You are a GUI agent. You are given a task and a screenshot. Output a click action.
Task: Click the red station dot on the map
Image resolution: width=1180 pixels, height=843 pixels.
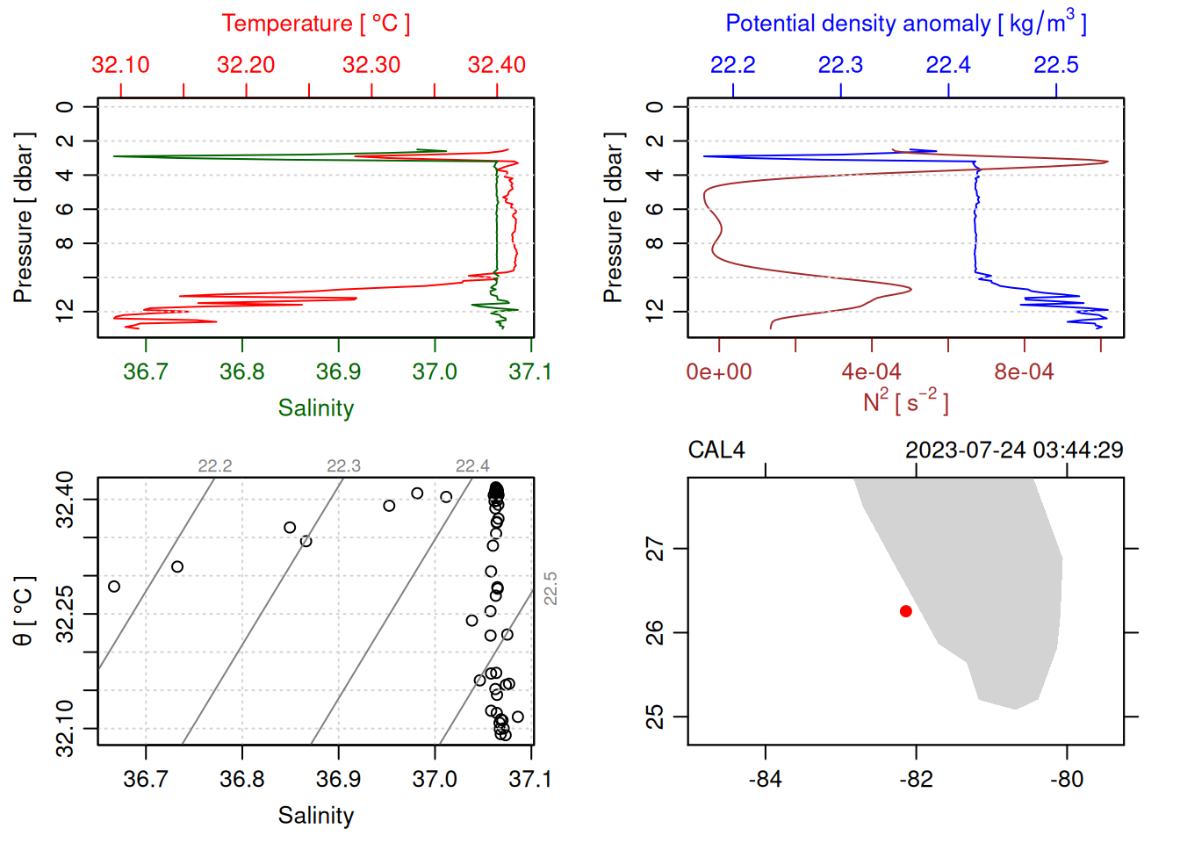click(x=905, y=611)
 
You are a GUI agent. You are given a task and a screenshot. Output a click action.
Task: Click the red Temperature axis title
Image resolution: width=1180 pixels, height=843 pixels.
click(x=315, y=24)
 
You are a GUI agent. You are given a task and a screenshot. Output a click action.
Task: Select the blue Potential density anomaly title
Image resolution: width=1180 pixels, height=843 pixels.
click(x=905, y=24)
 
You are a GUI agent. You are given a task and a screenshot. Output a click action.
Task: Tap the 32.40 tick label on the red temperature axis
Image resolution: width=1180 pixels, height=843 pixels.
click(x=496, y=65)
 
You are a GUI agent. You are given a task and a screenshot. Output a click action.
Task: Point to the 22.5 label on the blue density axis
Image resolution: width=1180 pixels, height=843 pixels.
click(x=1055, y=65)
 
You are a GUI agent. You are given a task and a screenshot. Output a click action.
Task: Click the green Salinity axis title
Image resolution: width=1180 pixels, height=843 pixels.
click(x=315, y=408)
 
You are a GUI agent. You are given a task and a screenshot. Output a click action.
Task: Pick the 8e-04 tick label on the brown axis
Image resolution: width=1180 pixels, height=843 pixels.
click(x=1024, y=372)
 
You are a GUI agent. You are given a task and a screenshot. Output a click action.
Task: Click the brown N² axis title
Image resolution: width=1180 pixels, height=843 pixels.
click(x=905, y=402)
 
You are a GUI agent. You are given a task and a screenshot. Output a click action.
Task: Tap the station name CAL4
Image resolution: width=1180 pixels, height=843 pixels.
click(x=716, y=450)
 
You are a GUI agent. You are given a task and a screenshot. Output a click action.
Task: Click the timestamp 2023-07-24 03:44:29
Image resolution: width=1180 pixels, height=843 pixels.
click(x=1014, y=450)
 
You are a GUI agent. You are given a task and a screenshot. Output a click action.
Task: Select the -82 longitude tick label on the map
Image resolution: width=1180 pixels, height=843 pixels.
click(x=916, y=779)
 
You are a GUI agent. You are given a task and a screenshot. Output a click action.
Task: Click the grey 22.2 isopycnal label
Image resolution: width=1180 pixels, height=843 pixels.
click(x=215, y=466)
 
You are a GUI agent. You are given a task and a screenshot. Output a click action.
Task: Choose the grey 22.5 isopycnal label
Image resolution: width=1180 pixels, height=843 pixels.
click(x=550, y=588)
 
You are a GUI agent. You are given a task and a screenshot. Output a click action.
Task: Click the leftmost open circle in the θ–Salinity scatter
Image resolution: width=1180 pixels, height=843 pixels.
click(x=114, y=587)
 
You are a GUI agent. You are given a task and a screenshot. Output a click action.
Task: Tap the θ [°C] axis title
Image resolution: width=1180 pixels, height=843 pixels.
click(x=24, y=611)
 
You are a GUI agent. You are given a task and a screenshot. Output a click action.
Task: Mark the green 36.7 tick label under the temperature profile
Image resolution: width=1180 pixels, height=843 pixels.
click(x=145, y=372)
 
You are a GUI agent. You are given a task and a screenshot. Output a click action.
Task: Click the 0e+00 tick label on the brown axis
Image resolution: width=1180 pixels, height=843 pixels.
click(x=719, y=372)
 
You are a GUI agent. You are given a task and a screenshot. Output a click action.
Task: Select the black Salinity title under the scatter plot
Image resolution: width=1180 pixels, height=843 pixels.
click(x=315, y=816)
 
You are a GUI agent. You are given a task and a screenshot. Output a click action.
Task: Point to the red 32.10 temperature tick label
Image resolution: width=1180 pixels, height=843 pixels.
click(x=120, y=65)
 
